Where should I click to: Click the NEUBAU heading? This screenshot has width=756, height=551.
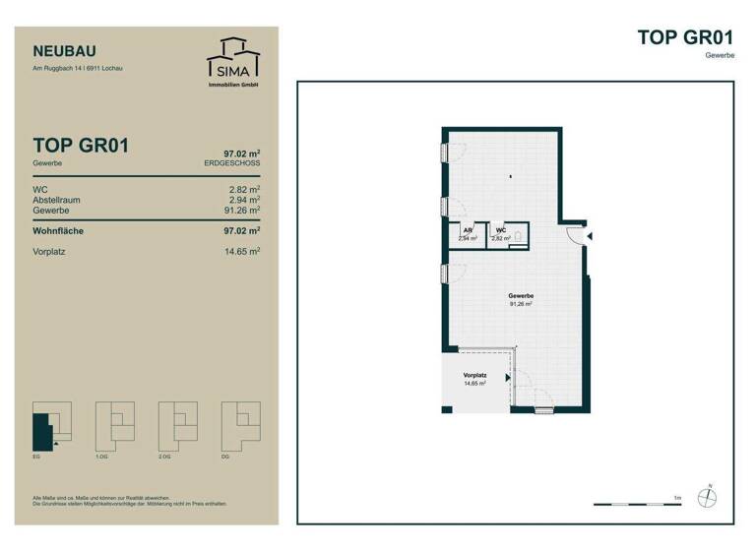coord(65,51)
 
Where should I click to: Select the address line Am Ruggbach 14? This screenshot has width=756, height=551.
coord(78,69)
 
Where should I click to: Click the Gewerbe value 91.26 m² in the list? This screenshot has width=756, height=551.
coord(240,210)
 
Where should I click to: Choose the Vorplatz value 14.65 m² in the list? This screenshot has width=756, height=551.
coord(240,253)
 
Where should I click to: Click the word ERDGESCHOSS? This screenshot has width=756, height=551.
coord(231,162)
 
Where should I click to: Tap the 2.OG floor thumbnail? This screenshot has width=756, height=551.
coord(178,426)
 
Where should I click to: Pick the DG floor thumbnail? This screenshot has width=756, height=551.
coord(241,426)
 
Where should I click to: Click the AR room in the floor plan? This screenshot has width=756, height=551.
coord(468,234)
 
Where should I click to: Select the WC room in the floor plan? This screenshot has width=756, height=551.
coord(502,234)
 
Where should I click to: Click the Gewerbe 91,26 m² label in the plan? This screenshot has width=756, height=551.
coord(521,300)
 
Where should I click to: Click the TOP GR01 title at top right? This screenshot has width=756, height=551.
coord(686,37)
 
